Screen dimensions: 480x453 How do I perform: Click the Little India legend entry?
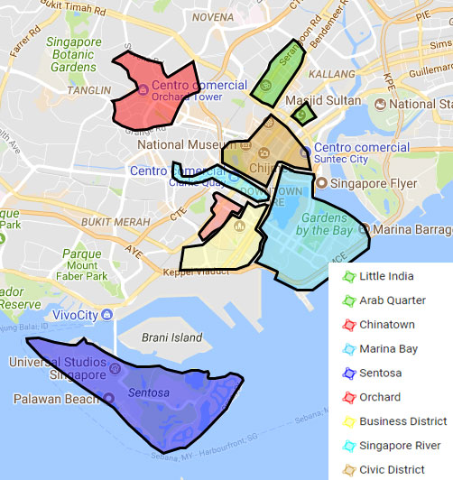(391, 276)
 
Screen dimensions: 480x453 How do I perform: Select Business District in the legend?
(402, 421)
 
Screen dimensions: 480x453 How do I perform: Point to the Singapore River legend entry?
(405, 445)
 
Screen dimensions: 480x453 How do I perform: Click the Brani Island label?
(173, 337)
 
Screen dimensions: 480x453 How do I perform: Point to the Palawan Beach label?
(56, 398)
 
